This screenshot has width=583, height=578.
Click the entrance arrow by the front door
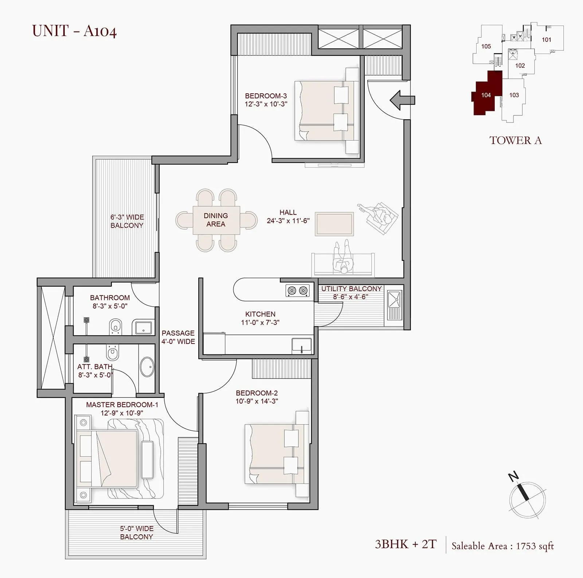pos(402,100)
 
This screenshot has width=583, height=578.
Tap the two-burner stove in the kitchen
pos(297,291)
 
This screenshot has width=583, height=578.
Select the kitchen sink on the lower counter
pos(302,345)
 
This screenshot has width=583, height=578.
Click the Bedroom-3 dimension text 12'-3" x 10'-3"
pos(266,104)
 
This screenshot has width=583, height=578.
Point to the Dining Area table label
pos(216,220)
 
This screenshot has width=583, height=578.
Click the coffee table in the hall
pos(334,224)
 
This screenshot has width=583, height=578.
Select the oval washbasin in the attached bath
pos(147,367)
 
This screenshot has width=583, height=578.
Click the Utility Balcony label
pos(351,288)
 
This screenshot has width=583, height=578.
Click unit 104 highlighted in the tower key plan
pos(486,95)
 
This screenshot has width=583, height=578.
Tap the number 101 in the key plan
pos(546,40)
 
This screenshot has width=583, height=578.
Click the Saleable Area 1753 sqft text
pos(502,546)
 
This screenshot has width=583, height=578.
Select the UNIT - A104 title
pos(74,31)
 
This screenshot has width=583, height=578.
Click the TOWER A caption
pos(515,140)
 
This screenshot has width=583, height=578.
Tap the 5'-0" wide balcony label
pos(137,532)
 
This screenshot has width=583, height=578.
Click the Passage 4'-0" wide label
pos(178,337)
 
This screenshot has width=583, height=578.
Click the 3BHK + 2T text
pos(406,544)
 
